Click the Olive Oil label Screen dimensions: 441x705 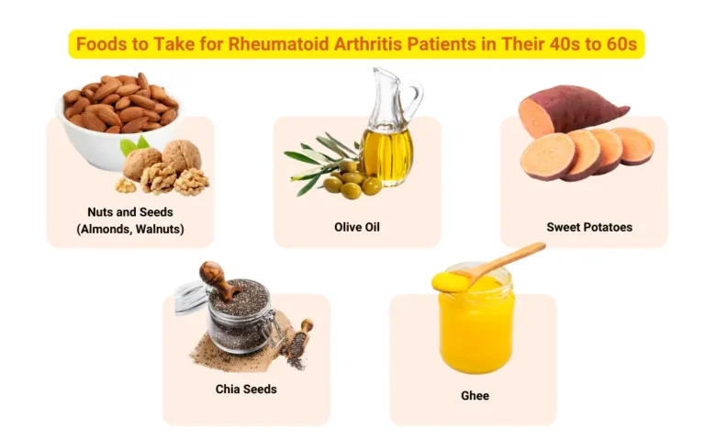tap(357, 227)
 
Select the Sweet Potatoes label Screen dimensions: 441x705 tap(589, 227)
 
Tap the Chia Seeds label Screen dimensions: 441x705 tap(246, 389)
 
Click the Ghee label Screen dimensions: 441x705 tap(475, 396)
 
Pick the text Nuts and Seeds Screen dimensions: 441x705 tap(129, 212)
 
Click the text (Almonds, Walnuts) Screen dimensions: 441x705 tap(129, 229)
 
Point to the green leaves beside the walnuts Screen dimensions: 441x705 tap(134, 145)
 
